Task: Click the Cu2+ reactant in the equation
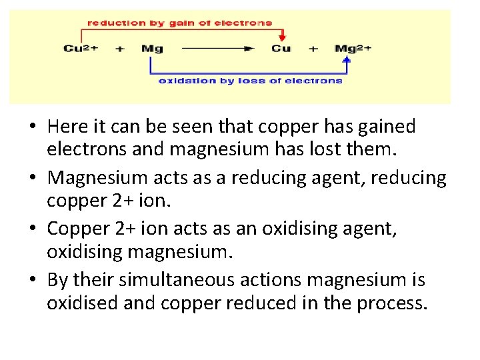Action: pyautogui.click(x=81, y=49)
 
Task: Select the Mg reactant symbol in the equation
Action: pyautogui.click(x=152, y=49)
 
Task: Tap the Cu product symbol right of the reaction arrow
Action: pyautogui.click(x=281, y=49)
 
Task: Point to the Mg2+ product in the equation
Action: pyautogui.click(x=353, y=49)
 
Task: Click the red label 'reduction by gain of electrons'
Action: pyautogui.click(x=180, y=23)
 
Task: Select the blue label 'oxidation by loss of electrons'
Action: pyautogui.click(x=250, y=81)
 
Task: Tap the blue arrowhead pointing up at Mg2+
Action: pyautogui.click(x=346, y=60)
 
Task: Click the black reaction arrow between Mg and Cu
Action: pyautogui.click(x=217, y=49)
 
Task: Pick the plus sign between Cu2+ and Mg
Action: pyautogui.click(x=119, y=49)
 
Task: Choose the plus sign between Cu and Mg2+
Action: pyautogui.click(x=313, y=49)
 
